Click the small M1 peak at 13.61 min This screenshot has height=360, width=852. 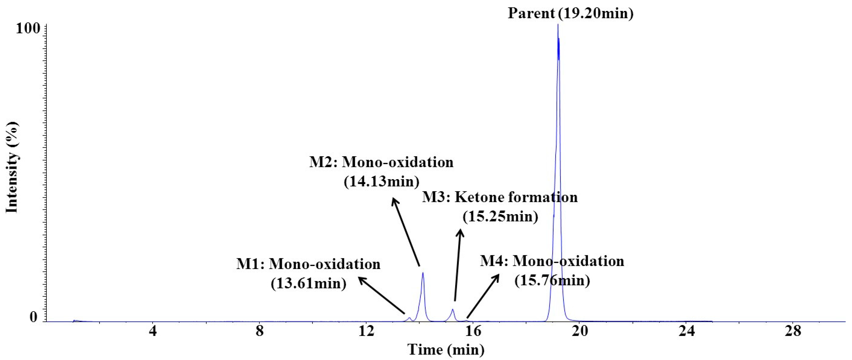point(410,318)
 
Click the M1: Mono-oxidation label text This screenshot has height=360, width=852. point(308,265)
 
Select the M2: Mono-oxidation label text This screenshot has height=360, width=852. point(381,163)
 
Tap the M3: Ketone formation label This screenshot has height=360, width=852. point(499,198)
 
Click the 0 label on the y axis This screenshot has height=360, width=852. point(34,318)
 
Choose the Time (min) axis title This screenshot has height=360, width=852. point(446,350)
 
